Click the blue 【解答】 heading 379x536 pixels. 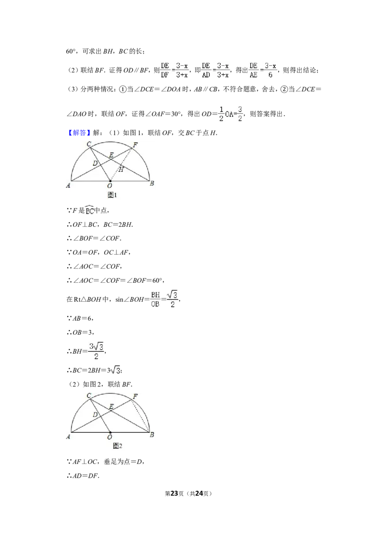(x=78, y=133)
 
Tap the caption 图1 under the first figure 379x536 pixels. (x=113, y=195)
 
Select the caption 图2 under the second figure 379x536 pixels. (x=117, y=446)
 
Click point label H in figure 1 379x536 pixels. (x=121, y=169)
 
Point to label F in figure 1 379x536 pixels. (x=135, y=145)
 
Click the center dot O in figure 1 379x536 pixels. (x=110, y=181)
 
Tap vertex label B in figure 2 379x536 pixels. (x=152, y=435)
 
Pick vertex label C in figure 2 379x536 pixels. (x=89, y=395)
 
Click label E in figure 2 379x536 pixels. (x=111, y=406)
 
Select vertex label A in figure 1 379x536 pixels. (x=68, y=185)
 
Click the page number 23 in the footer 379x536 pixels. (x=174, y=493)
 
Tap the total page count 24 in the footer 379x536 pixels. (x=199, y=493)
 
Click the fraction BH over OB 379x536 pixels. (x=155, y=299)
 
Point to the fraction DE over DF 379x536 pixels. (x=165, y=70)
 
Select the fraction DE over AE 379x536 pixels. (x=253, y=70)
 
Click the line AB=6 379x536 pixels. (x=80, y=318)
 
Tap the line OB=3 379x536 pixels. (x=81, y=332)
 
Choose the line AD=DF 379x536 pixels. (x=83, y=475)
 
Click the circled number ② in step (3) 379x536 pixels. (x=284, y=89)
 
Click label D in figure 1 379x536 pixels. (x=95, y=163)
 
